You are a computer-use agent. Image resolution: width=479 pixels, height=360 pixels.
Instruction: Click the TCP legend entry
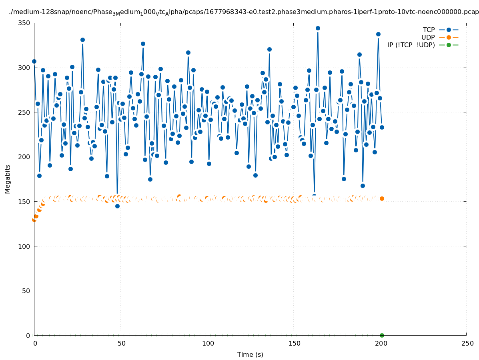pyautogui.click(x=440, y=30)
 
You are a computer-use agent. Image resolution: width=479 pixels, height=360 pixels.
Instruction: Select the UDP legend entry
pyautogui.click(x=440, y=37)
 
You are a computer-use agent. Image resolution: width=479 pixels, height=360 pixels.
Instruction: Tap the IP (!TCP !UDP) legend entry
pyautogui.click(x=423, y=45)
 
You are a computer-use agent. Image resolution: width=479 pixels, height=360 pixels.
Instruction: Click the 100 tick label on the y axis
pyautogui.click(x=25, y=246)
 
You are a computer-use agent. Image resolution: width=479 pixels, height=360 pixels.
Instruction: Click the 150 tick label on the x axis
pyautogui.click(x=294, y=343)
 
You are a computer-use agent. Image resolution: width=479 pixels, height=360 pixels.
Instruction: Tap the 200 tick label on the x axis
pyautogui.click(x=380, y=343)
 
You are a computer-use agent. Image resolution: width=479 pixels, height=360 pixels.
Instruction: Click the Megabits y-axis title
pyautogui.click(x=8, y=179)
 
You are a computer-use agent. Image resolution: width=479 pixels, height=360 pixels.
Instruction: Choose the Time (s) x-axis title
pyautogui.click(x=250, y=354)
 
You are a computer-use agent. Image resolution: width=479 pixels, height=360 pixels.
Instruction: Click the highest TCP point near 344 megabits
pyautogui.click(x=318, y=28)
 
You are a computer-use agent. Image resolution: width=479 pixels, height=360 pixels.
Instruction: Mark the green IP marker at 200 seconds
pyautogui.click(x=382, y=335)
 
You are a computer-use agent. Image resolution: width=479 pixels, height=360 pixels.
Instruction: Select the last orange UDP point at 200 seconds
pyautogui.click(x=382, y=198)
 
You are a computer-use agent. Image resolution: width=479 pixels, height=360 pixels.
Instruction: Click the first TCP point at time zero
pyautogui.click(x=34, y=61)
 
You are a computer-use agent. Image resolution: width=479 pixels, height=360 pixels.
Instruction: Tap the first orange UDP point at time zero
pyautogui.click(x=34, y=220)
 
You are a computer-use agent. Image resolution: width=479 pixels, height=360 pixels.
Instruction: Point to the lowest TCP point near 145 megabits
pyautogui.click(x=117, y=206)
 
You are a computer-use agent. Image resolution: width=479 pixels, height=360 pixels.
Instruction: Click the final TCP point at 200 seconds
pyautogui.click(x=382, y=127)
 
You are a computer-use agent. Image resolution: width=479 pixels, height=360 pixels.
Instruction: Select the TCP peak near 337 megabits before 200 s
pyautogui.click(x=378, y=34)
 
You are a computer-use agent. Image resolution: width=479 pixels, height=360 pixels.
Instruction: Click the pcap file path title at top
pyautogui.click(x=244, y=12)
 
